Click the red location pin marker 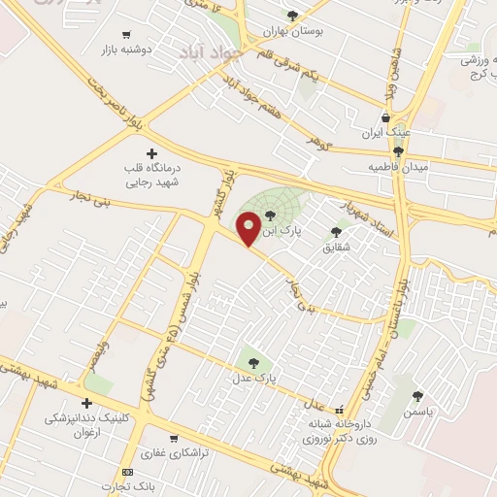(248, 229)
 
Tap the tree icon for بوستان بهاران (292, 16)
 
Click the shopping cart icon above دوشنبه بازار (126, 34)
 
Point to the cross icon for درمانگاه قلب (150, 153)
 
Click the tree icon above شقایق (337, 231)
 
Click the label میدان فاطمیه (397, 167)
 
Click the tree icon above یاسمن (417, 396)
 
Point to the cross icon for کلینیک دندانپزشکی (87, 403)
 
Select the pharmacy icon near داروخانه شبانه (339, 410)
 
